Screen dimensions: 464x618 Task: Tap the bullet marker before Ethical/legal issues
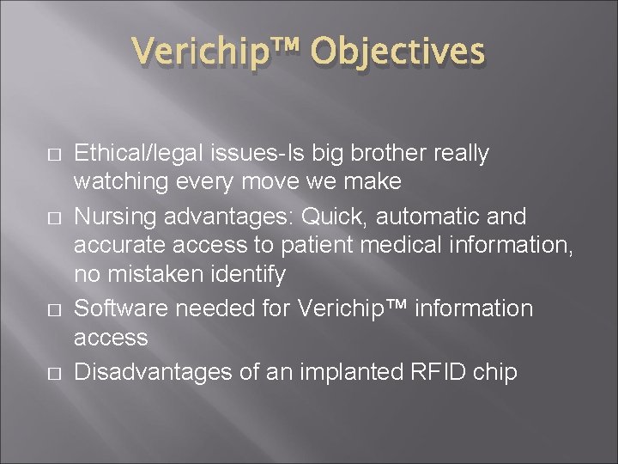click(53, 156)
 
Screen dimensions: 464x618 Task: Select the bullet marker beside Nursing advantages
click(53, 217)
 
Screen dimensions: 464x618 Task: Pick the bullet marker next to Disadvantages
click(53, 372)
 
